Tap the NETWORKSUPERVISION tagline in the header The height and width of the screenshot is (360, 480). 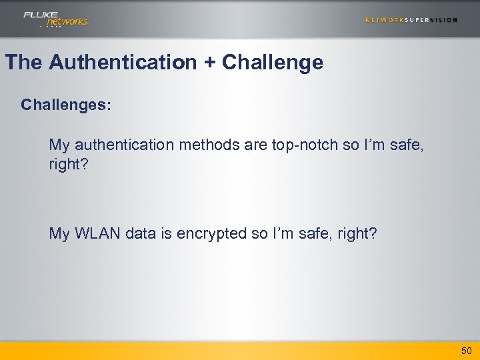411,20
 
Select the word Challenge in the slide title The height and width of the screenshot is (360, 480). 273,63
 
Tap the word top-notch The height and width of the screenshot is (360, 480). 305,145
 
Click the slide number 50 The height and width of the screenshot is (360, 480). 466,351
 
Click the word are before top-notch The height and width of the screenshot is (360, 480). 255,145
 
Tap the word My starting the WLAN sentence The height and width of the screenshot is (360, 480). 59,233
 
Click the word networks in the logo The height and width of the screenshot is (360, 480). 67,22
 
